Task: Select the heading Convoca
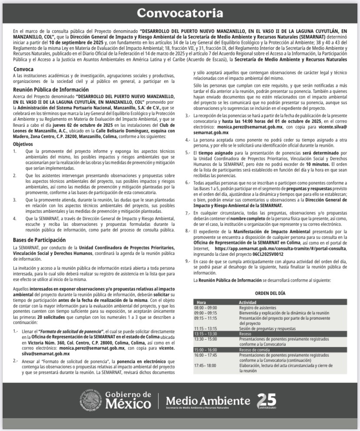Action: click(23, 69)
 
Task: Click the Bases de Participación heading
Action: click(39, 240)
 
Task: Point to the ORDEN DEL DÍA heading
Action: click(270, 293)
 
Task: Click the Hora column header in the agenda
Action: click(201, 302)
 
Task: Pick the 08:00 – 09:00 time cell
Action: click(205, 308)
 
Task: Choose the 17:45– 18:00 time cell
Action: click(205, 365)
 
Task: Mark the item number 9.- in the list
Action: click(188, 262)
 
